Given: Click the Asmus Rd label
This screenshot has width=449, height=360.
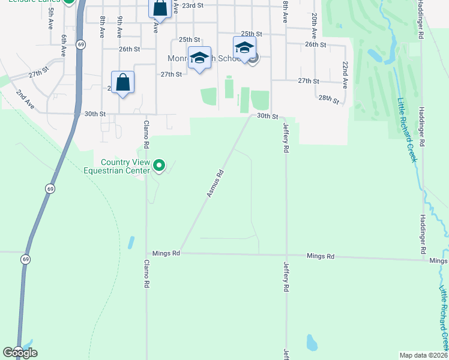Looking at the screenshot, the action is click(215, 184).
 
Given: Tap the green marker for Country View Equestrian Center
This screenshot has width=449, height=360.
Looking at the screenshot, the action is click(159, 164).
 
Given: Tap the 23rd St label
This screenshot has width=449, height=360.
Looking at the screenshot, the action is click(193, 5).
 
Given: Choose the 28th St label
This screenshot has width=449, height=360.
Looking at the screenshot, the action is click(329, 98).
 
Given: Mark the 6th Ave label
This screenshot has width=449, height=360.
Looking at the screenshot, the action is click(63, 45).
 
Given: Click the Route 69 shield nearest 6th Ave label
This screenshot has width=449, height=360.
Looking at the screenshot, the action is click(82, 44).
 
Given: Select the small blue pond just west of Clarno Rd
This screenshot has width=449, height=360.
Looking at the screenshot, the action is click(131, 242).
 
